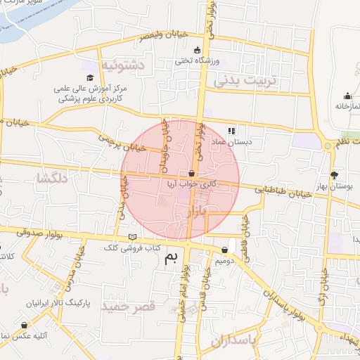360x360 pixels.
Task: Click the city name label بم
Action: coord(171,258)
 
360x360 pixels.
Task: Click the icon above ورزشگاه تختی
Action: coord(196,50)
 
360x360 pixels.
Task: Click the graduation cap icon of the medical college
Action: coord(90,77)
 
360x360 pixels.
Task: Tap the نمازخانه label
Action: coord(346,106)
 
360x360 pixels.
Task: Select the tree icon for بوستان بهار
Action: coord(333,175)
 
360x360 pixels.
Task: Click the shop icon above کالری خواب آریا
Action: coord(192,173)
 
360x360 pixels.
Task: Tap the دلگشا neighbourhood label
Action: coord(52,179)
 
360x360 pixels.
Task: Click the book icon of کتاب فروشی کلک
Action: coord(133,237)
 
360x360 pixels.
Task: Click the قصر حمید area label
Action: coord(128,307)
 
